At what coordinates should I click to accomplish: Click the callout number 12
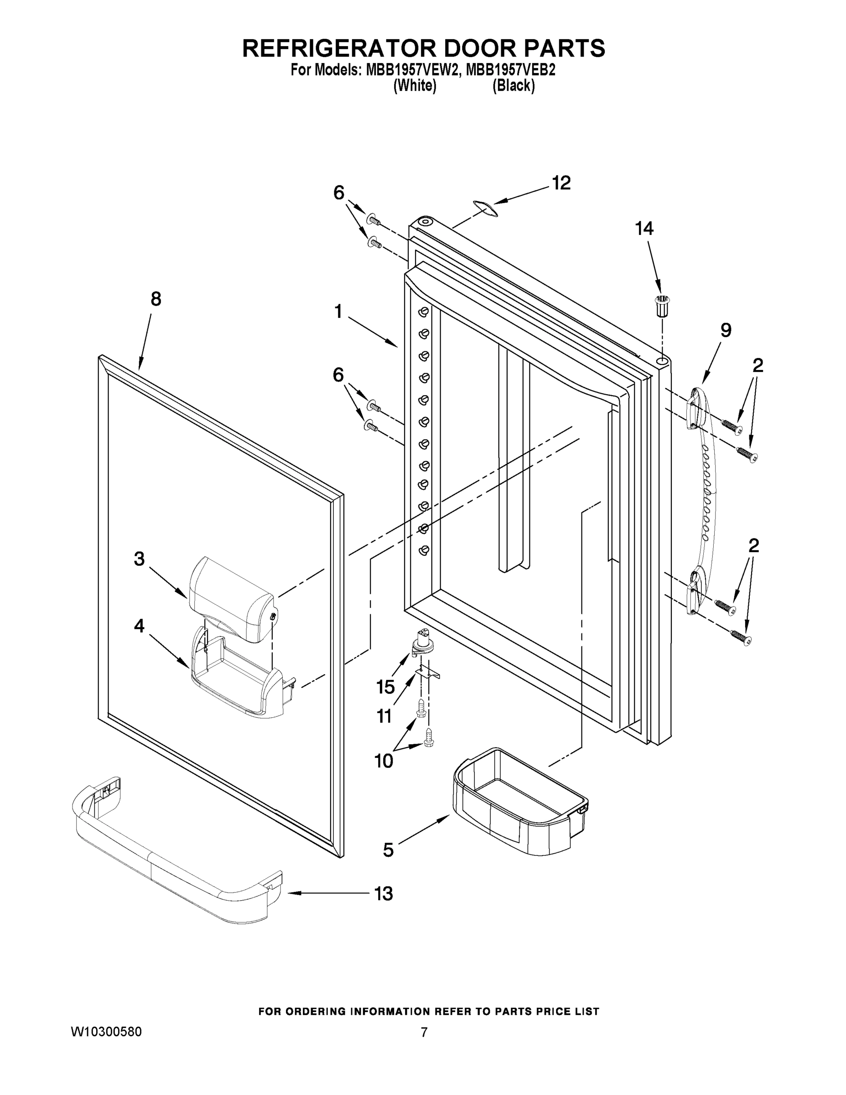tap(561, 183)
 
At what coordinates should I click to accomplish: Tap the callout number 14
tap(644, 229)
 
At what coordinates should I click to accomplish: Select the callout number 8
tap(156, 299)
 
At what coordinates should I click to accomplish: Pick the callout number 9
tap(726, 330)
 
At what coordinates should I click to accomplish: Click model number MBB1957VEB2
tap(510, 70)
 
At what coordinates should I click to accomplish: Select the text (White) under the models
tap(415, 86)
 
